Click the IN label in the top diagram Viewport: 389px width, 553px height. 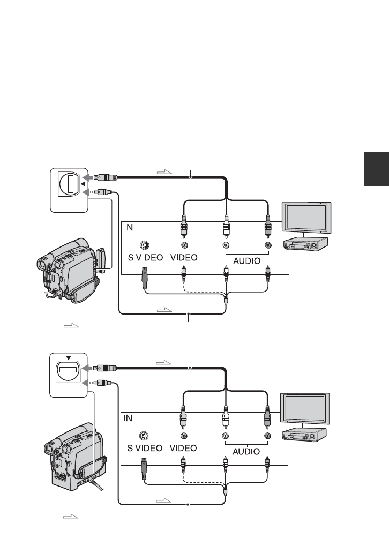(129, 228)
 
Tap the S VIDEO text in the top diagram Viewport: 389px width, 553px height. (145, 257)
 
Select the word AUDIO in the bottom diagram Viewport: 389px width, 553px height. (246, 451)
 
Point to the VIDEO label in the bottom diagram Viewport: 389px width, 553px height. (183, 448)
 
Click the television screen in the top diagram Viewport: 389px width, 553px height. (306, 218)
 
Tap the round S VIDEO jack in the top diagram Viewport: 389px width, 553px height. (145, 245)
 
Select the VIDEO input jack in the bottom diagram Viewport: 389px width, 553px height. (183, 436)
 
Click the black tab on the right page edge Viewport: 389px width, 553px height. (376, 169)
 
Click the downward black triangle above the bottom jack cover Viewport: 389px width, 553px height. (68, 358)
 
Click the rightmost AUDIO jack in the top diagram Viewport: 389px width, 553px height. (268, 245)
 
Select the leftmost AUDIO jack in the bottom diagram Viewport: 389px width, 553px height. (226, 436)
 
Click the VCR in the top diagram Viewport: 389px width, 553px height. (306, 244)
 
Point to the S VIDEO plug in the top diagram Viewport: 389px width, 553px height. (144, 278)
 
